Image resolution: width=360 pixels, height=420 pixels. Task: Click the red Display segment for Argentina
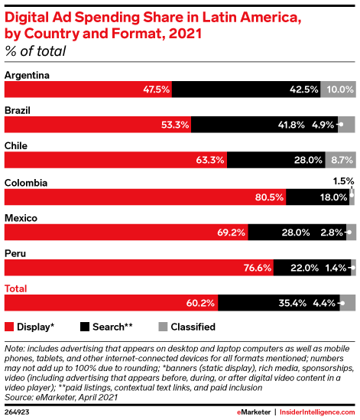pos(88,90)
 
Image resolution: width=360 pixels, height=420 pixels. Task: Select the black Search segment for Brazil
pos(264,125)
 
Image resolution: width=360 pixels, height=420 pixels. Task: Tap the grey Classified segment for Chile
pos(340,160)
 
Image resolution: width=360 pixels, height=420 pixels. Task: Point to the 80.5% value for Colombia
pos(269,197)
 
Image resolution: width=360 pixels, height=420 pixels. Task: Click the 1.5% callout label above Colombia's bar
pos(343,181)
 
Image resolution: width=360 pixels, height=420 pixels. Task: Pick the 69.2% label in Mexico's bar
pos(231,233)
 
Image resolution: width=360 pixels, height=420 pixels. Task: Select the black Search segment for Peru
pos(312,268)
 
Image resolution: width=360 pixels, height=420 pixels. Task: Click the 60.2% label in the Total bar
pos(200,303)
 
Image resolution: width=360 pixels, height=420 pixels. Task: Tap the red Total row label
pos(16,288)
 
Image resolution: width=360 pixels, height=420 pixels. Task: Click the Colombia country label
pos(26,183)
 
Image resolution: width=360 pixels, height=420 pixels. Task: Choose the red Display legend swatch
pos(9,327)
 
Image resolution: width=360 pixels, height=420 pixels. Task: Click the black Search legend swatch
pos(85,327)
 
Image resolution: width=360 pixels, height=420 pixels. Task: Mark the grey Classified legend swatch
pos(163,327)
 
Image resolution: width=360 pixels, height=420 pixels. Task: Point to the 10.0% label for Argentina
pos(340,90)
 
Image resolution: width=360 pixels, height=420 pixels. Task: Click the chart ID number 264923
pos(17,412)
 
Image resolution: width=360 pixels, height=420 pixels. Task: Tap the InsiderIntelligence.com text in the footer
pos(317,412)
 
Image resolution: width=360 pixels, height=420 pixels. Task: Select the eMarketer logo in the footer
pos(254,412)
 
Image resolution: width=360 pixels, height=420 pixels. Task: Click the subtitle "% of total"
pos(35,51)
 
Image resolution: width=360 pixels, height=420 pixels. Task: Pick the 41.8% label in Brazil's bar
pos(291,125)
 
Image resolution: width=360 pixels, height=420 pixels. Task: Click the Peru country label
pos(15,253)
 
